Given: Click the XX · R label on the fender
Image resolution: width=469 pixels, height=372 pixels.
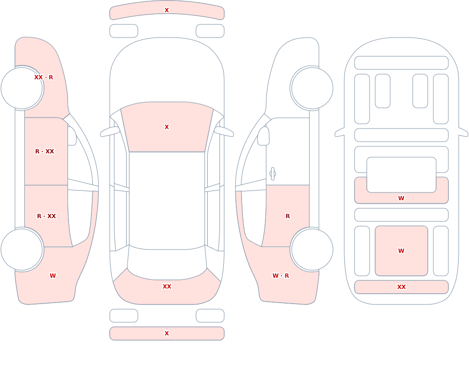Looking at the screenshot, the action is [x=44, y=77].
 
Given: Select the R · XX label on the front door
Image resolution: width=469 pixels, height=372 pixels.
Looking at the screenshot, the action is [x=45, y=152].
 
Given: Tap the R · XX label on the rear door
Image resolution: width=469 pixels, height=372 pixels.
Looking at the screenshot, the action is [x=46, y=216].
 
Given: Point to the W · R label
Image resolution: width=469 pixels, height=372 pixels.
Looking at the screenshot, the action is [x=280, y=276].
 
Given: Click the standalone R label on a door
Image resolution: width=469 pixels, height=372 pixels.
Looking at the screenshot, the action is [x=288, y=216].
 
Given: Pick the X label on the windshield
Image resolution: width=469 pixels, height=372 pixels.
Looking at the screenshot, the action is [x=167, y=127].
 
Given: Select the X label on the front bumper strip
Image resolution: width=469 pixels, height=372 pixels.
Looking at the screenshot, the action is [x=167, y=10].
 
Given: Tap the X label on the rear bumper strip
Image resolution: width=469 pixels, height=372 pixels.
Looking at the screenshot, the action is [x=167, y=334].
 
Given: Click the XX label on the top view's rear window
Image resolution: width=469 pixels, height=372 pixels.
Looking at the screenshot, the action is [x=167, y=287].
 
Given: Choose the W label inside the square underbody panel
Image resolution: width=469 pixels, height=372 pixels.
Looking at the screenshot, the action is [x=401, y=251].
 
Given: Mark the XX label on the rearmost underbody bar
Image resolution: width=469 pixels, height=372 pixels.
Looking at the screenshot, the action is [x=401, y=287].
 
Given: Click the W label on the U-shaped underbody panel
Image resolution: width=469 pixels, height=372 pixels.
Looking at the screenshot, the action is [x=401, y=198].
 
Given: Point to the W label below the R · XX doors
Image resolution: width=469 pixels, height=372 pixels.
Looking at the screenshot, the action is [x=53, y=276].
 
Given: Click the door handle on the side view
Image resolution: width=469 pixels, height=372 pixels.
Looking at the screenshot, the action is [x=272, y=174].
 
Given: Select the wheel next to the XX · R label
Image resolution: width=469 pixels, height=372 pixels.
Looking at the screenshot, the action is [x=22, y=88].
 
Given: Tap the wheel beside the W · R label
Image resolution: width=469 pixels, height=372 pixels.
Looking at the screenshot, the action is [x=312, y=249].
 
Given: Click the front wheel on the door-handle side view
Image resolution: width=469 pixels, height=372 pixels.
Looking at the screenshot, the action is [x=312, y=88].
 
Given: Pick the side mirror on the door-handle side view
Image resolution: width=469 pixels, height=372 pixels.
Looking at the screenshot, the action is [x=263, y=136].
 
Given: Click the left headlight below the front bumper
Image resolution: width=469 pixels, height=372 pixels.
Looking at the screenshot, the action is [x=124, y=31].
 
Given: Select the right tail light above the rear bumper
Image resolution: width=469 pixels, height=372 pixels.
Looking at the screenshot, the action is [x=210, y=316].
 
